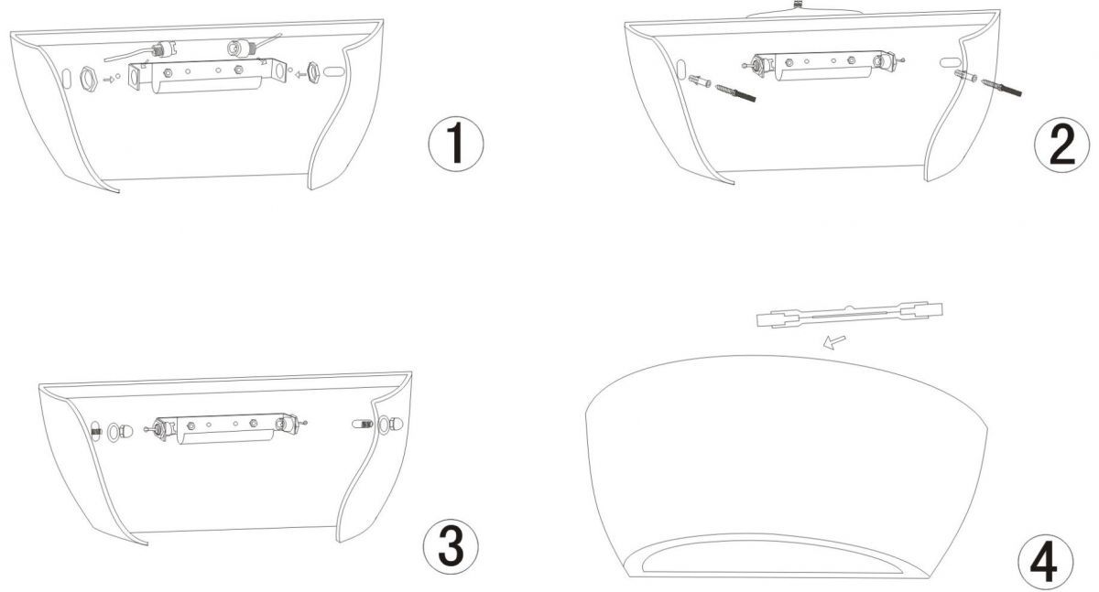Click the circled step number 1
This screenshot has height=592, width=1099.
tap(456, 144)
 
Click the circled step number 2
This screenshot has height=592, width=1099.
tap(1061, 145)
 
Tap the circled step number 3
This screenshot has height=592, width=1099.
tap(451, 547)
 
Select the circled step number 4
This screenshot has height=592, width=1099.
tap(1046, 562)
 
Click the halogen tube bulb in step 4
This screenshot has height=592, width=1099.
tap(849, 315)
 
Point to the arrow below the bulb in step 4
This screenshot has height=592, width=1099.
tap(834, 342)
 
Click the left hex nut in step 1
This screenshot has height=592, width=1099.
tap(88, 79)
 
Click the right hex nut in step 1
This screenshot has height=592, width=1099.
tap(312, 73)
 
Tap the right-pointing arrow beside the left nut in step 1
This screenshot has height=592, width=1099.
tap(109, 79)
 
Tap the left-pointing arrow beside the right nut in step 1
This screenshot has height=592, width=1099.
tap(300, 74)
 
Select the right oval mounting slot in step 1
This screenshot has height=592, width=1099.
tap(333, 71)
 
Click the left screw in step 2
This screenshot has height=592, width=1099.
tap(735, 92)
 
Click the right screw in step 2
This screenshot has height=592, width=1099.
tap(1001, 87)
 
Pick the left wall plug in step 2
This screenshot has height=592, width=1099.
tap(700, 81)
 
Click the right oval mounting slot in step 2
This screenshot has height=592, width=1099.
tap(951, 62)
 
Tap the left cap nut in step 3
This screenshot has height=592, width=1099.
tap(126, 432)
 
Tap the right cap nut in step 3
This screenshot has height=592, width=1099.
tap(397, 425)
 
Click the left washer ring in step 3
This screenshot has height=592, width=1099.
tap(114, 432)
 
